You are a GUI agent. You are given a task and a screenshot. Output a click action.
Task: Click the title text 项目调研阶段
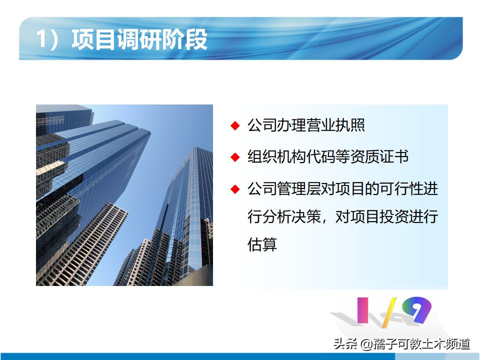tap(139, 39)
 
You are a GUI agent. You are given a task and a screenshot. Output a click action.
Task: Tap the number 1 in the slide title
tap(42, 39)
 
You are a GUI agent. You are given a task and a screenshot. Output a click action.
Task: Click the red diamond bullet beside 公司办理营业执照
tap(235, 125)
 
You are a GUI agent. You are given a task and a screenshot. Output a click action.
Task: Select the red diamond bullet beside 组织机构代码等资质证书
tap(235, 157)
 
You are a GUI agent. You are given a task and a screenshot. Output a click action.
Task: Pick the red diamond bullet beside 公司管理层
tap(235, 189)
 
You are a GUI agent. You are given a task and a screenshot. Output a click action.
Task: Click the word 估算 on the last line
tap(262, 245)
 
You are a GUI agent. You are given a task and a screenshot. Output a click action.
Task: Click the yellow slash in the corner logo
tap(389, 311)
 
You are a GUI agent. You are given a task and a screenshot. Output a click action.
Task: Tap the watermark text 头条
tap(344, 344)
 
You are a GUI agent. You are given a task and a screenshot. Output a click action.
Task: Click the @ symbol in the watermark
tap(366, 344)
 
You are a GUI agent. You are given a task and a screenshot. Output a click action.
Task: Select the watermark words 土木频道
tap(447, 344)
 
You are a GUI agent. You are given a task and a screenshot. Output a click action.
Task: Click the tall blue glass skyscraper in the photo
tap(95, 165)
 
